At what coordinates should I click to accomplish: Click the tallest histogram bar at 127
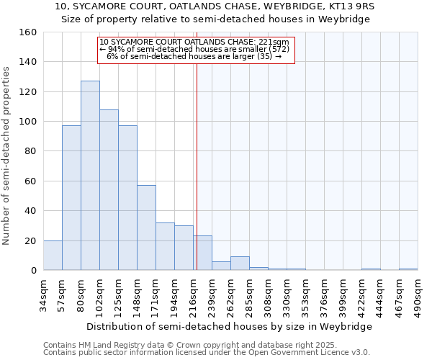point(90,176)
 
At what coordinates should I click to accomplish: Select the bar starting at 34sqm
point(53,256)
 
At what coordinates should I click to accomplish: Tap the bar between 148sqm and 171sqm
point(146,228)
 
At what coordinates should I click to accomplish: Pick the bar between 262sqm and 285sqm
point(240,264)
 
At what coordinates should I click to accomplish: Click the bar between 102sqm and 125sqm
point(109,190)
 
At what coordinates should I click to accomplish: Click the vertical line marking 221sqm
point(197,158)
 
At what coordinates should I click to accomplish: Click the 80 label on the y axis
point(31,151)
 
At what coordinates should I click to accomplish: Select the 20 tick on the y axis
point(31,240)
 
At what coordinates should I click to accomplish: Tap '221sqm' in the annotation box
point(276,42)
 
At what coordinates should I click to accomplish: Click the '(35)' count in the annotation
point(264,56)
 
